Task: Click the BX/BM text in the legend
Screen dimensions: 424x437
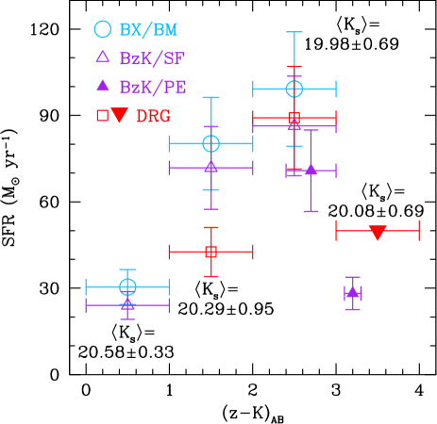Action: (148, 30)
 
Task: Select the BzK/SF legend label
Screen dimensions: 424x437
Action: (152, 58)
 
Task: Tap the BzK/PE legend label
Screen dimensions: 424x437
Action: (153, 88)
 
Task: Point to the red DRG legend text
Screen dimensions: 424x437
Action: (154, 116)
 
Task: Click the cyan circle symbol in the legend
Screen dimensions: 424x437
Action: (103, 29)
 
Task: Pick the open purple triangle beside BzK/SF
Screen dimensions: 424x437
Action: (103, 57)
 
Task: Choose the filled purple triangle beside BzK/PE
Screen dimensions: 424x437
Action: (103, 86)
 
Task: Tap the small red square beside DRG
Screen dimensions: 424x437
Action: (102, 115)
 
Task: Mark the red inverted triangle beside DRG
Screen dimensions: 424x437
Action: (119, 115)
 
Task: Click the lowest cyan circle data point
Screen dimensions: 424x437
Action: (127, 286)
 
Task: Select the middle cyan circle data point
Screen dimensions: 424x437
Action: (210, 143)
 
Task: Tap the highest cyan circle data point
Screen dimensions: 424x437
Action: (294, 89)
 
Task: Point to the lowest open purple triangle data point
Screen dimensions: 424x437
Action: (127, 303)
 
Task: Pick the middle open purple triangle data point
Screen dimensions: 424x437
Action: (210, 167)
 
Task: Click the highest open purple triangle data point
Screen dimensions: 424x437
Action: (294, 123)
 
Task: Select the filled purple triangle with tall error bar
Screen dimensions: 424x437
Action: (311, 170)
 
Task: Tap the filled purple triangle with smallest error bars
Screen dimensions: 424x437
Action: (352, 292)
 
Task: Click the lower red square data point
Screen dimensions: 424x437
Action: (210, 252)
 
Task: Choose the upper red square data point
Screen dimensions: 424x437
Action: (294, 118)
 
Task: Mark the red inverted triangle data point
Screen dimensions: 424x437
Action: (378, 232)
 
